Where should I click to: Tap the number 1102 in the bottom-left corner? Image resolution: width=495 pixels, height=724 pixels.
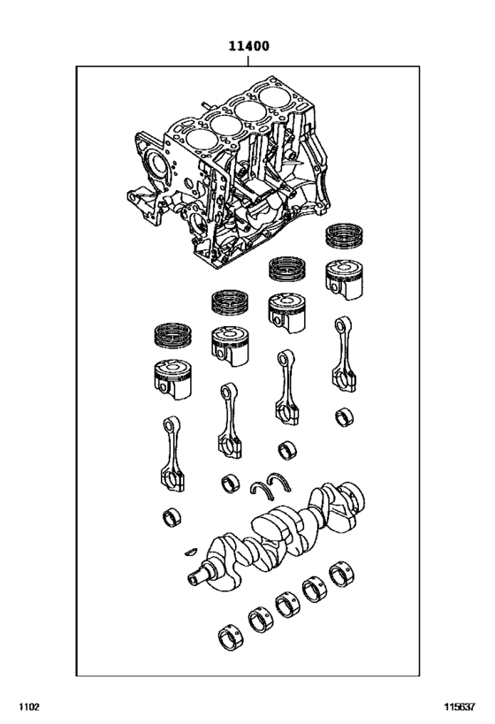28,706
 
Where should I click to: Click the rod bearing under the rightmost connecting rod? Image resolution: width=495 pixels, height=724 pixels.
343,415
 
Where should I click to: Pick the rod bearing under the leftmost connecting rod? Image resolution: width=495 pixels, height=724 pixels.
172,517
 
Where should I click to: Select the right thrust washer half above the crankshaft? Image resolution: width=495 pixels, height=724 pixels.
286,480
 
